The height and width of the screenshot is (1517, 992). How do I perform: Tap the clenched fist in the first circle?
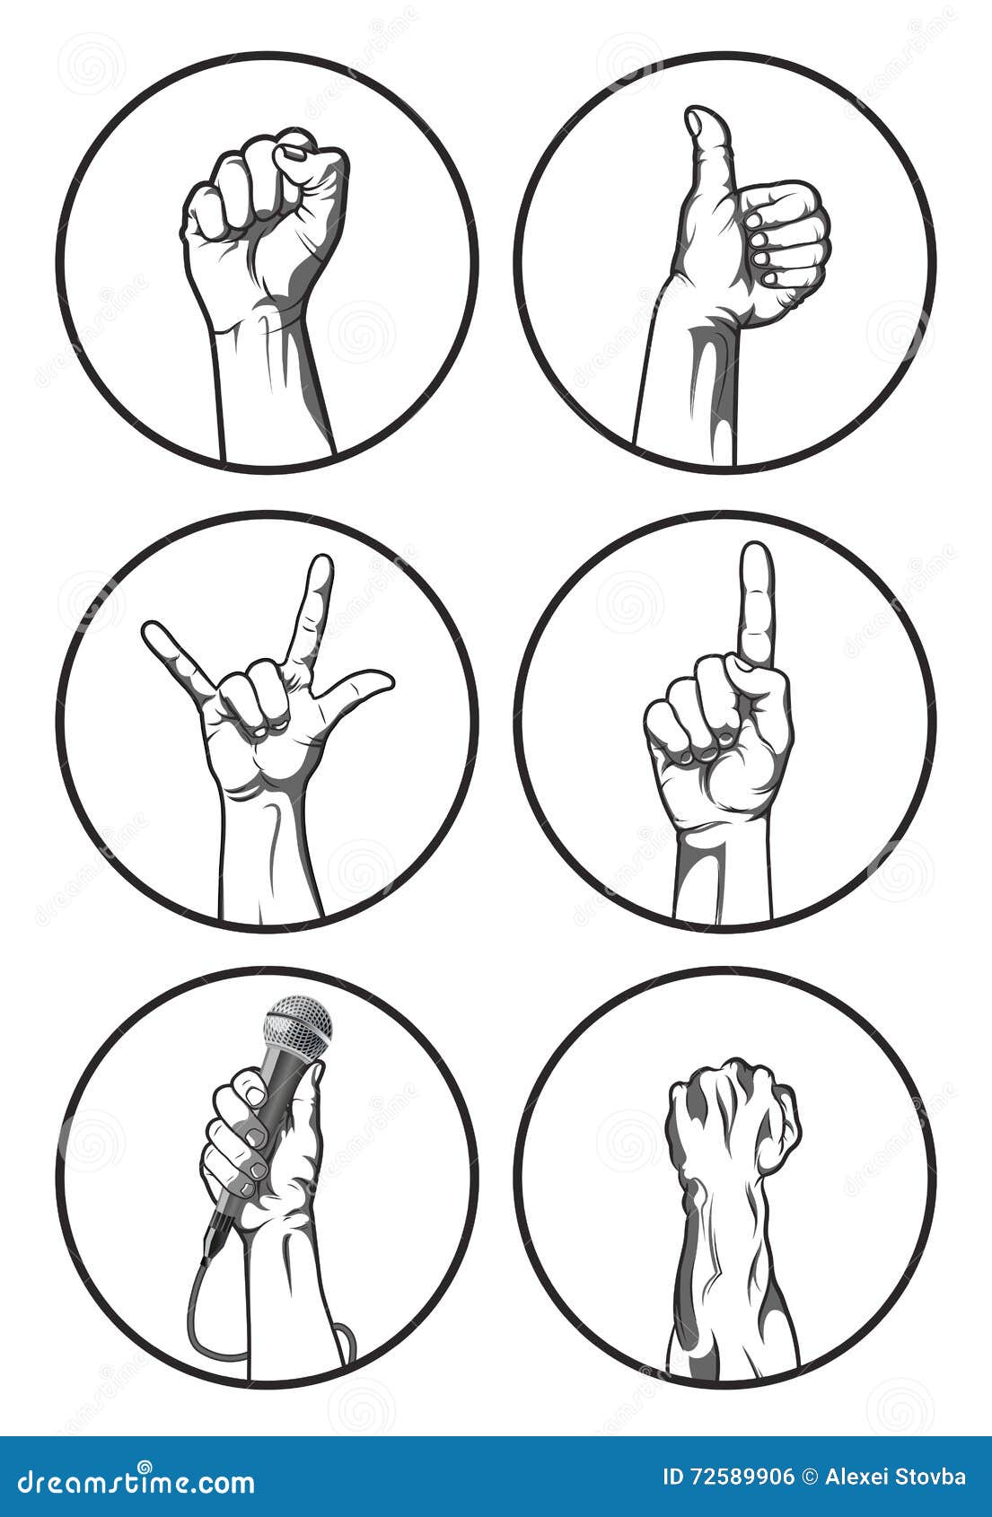coord(265,206)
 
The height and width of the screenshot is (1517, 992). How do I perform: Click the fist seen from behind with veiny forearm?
coord(732,1113)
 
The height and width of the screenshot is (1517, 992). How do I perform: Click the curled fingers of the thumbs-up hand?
coord(786,238)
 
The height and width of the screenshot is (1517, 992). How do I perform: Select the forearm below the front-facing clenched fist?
coord(269,386)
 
